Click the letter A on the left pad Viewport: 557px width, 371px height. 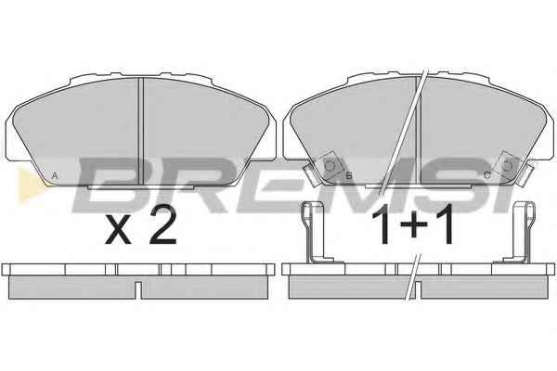point(55,175)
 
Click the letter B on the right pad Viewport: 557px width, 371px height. point(349,175)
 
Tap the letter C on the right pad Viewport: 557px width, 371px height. point(487,175)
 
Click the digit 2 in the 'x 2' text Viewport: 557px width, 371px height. point(162,225)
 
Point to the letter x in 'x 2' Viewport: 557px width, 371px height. point(118,230)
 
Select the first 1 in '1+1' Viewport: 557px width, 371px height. point(383,224)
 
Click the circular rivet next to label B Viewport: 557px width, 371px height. point(330,166)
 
